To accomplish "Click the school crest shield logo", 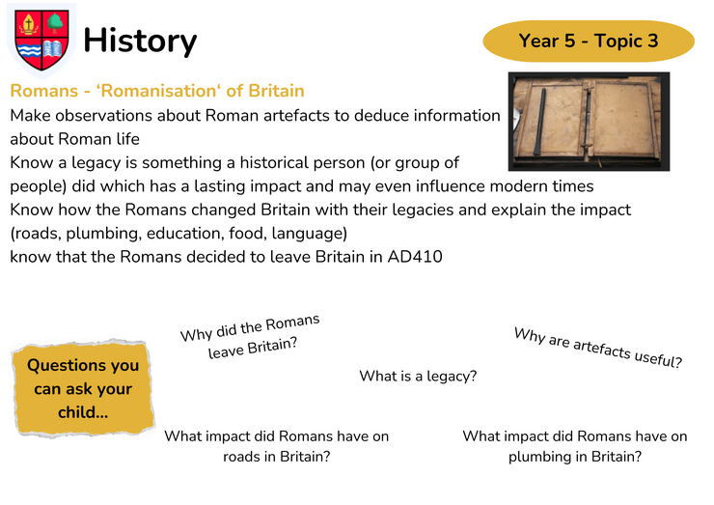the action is tap(41, 40).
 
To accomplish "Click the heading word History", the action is tap(140, 42).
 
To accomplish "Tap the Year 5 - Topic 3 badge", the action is tap(589, 41).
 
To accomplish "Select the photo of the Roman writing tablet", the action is tap(589, 122).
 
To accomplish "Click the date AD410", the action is tap(415, 257).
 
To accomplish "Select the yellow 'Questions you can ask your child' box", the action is tap(83, 388).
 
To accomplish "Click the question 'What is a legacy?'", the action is tap(418, 376).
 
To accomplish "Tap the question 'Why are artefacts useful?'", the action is tap(598, 348).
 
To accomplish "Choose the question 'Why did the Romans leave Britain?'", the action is tap(251, 336).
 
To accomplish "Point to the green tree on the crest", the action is tap(55, 23).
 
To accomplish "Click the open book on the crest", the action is tap(53, 49).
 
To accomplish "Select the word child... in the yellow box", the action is tap(83, 412).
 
